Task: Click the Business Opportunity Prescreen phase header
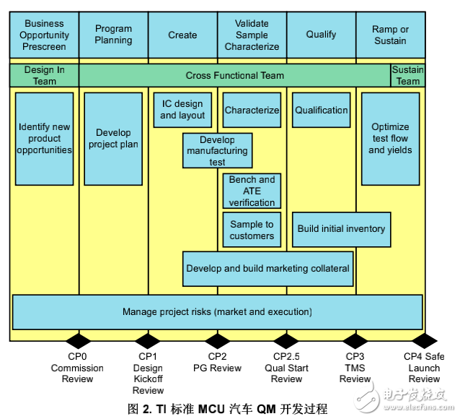tap(44, 35)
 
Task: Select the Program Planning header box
tap(113, 35)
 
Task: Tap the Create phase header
tap(182, 35)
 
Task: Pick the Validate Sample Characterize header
tap(252, 35)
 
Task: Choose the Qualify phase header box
tap(321, 35)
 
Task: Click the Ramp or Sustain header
tap(390, 35)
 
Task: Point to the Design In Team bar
tap(44, 75)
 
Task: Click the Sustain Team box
tap(407, 75)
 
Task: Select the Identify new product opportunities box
tap(45, 139)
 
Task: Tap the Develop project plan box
tap(113, 139)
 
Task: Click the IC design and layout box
tap(182, 110)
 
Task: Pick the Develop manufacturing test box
tap(217, 150)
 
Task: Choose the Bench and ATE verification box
tap(252, 191)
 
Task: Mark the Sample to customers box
tap(252, 230)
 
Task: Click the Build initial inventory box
tap(341, 229)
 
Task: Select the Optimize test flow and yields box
tap(390, 139)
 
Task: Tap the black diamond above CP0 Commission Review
tap(78, 340)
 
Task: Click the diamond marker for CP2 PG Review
tap(217, 340)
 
